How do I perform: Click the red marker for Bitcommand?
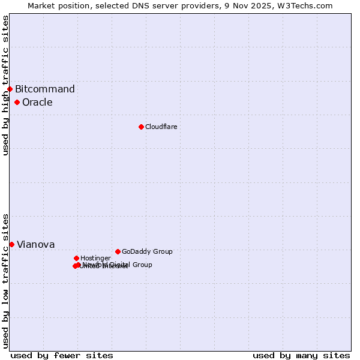(x=10, y=89)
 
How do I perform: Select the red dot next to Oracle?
(x=17, y=102)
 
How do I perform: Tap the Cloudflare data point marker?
(x=141, y=127)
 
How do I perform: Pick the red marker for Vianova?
(x=11, y=244)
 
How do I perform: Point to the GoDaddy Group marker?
(x=118, y=251)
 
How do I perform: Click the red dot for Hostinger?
(x=76, y=258)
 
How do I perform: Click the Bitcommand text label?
(x=45, y=89)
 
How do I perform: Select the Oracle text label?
(x=37, y=103)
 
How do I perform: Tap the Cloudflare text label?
(x=161, y=127)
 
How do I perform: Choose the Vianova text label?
(x=36, y=245)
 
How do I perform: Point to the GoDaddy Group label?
(x=147, y=252)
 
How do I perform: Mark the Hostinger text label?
(x=95, y=259)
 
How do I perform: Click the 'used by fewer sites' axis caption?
(x=62, y=355)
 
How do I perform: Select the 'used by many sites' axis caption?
(x=301, y=355)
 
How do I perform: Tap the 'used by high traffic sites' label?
(x=5, y=85)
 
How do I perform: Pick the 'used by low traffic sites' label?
(x=5, y=280)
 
